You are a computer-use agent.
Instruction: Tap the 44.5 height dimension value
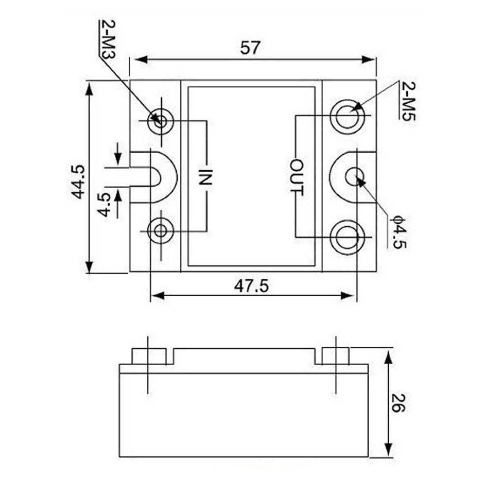pos(77,181)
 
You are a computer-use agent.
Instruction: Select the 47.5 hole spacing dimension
pos(251,286)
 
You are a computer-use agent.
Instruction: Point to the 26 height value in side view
pos(396,403)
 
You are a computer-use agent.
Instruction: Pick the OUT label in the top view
pos(297,177)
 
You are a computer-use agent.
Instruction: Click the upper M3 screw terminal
pos(162,121)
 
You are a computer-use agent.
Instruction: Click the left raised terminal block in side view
pos(149,356)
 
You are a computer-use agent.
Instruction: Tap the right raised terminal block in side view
pos(335,356)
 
